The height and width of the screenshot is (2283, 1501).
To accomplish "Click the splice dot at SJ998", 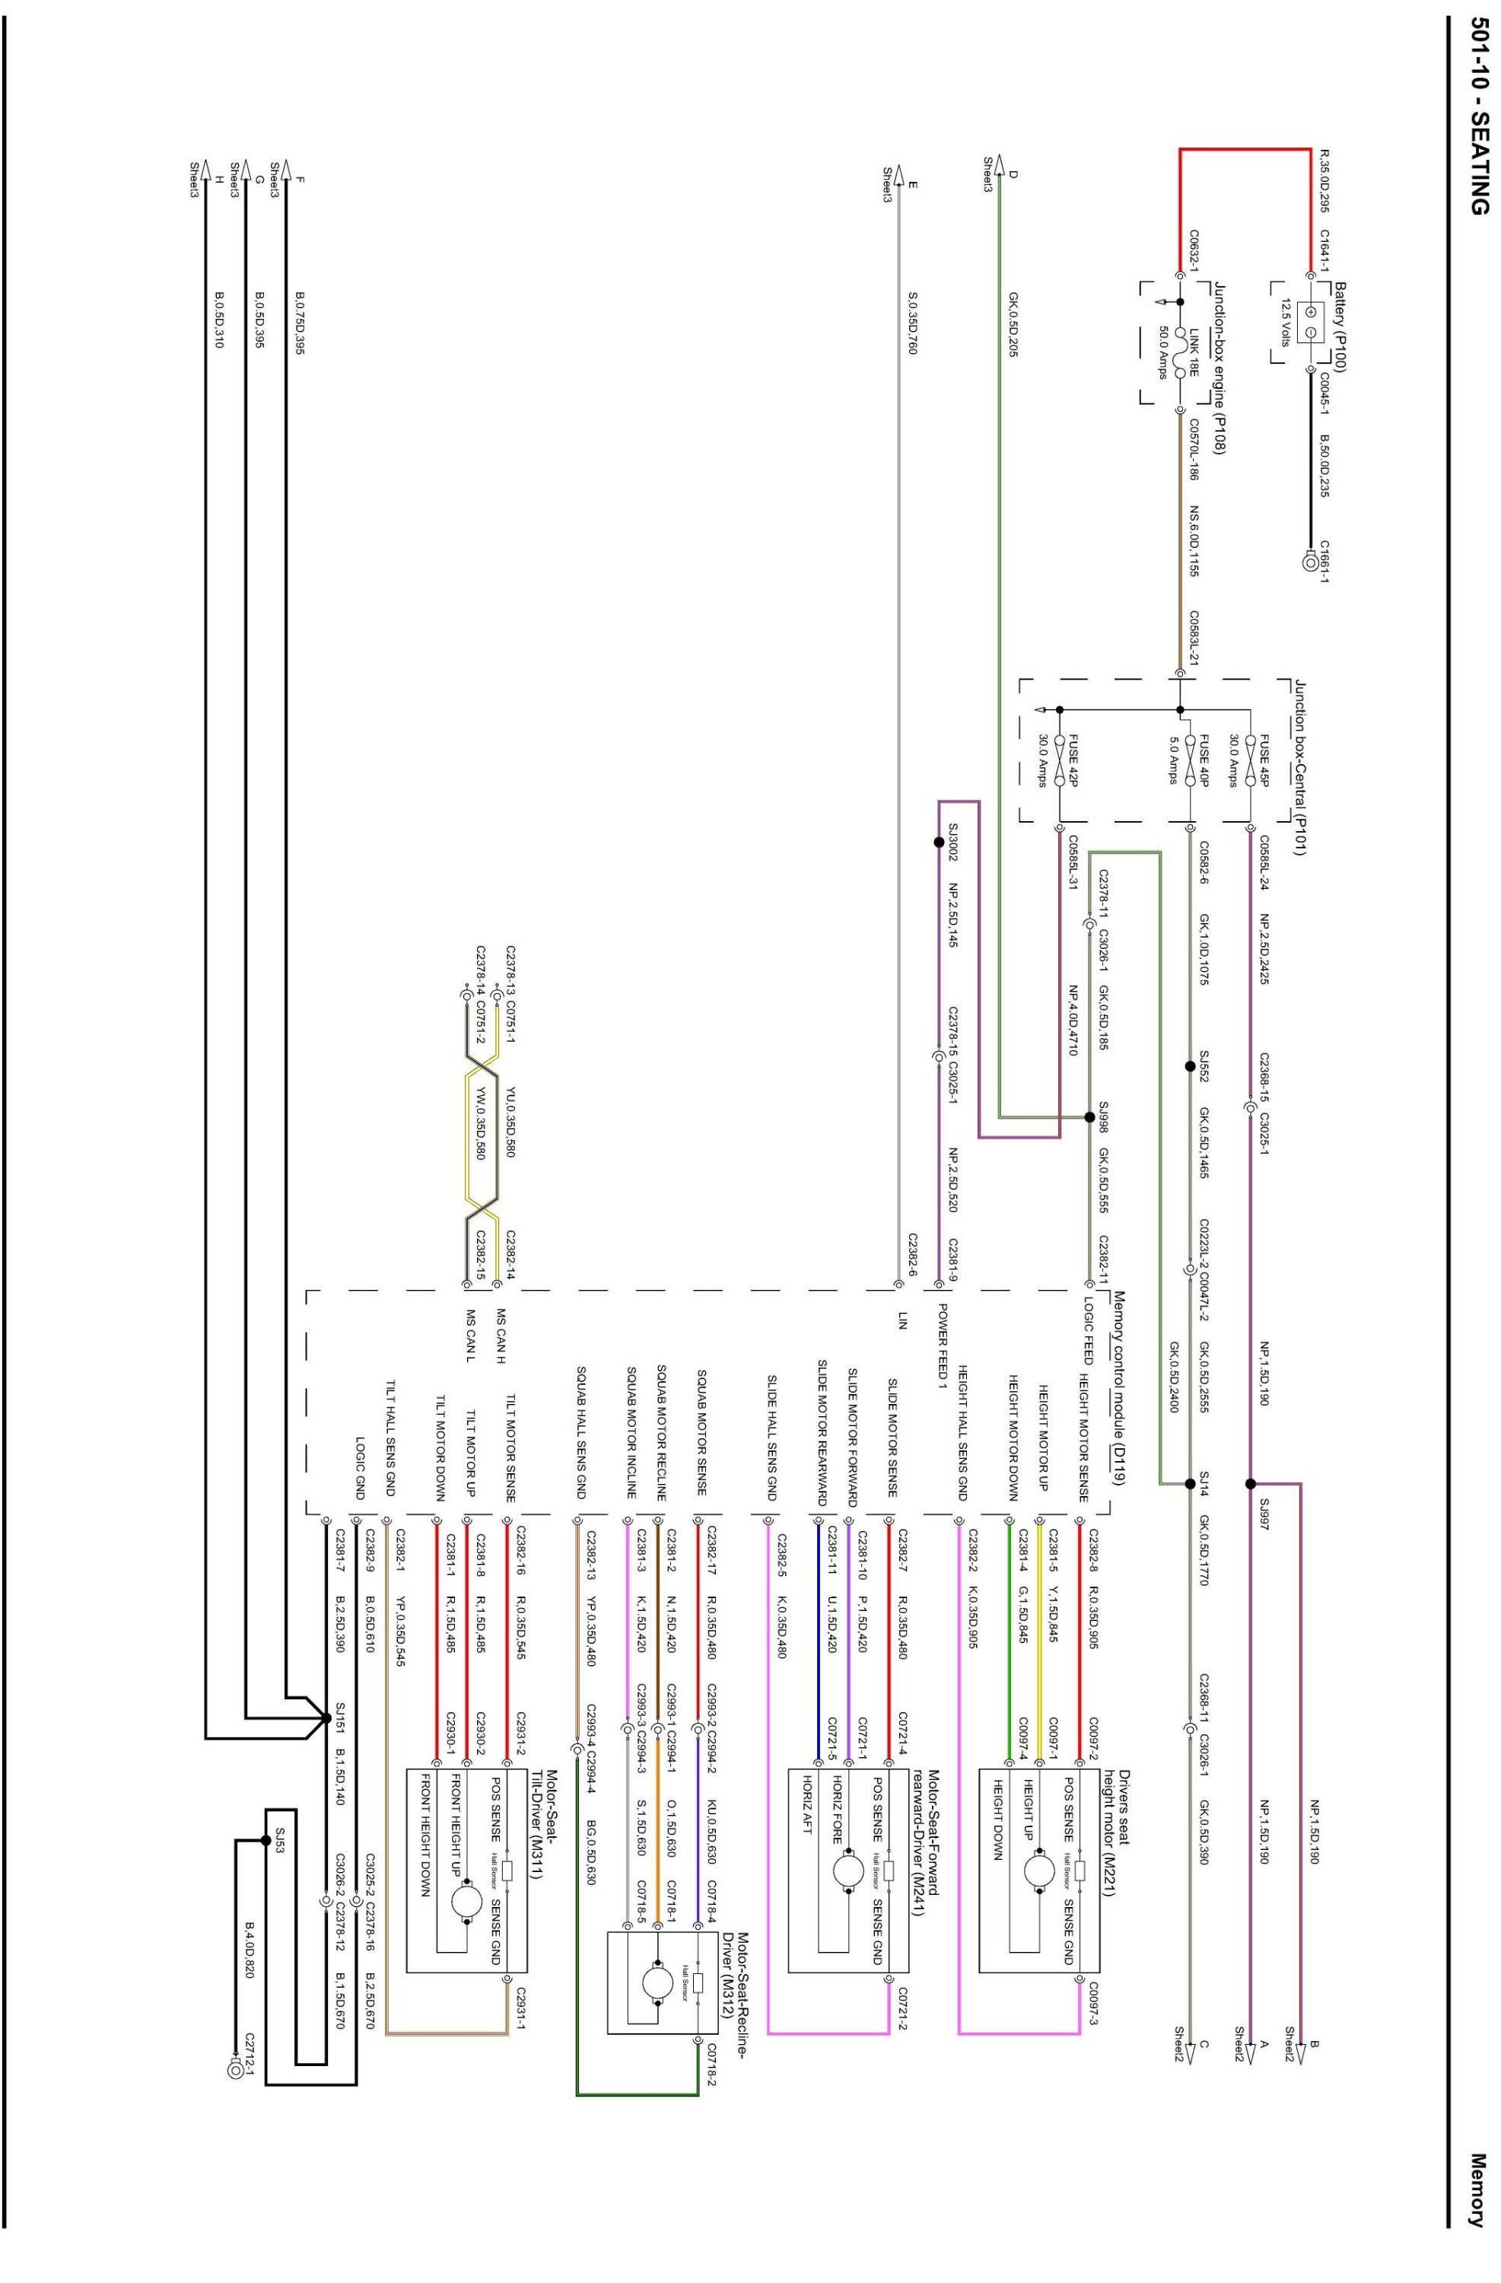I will point(1089,1116).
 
